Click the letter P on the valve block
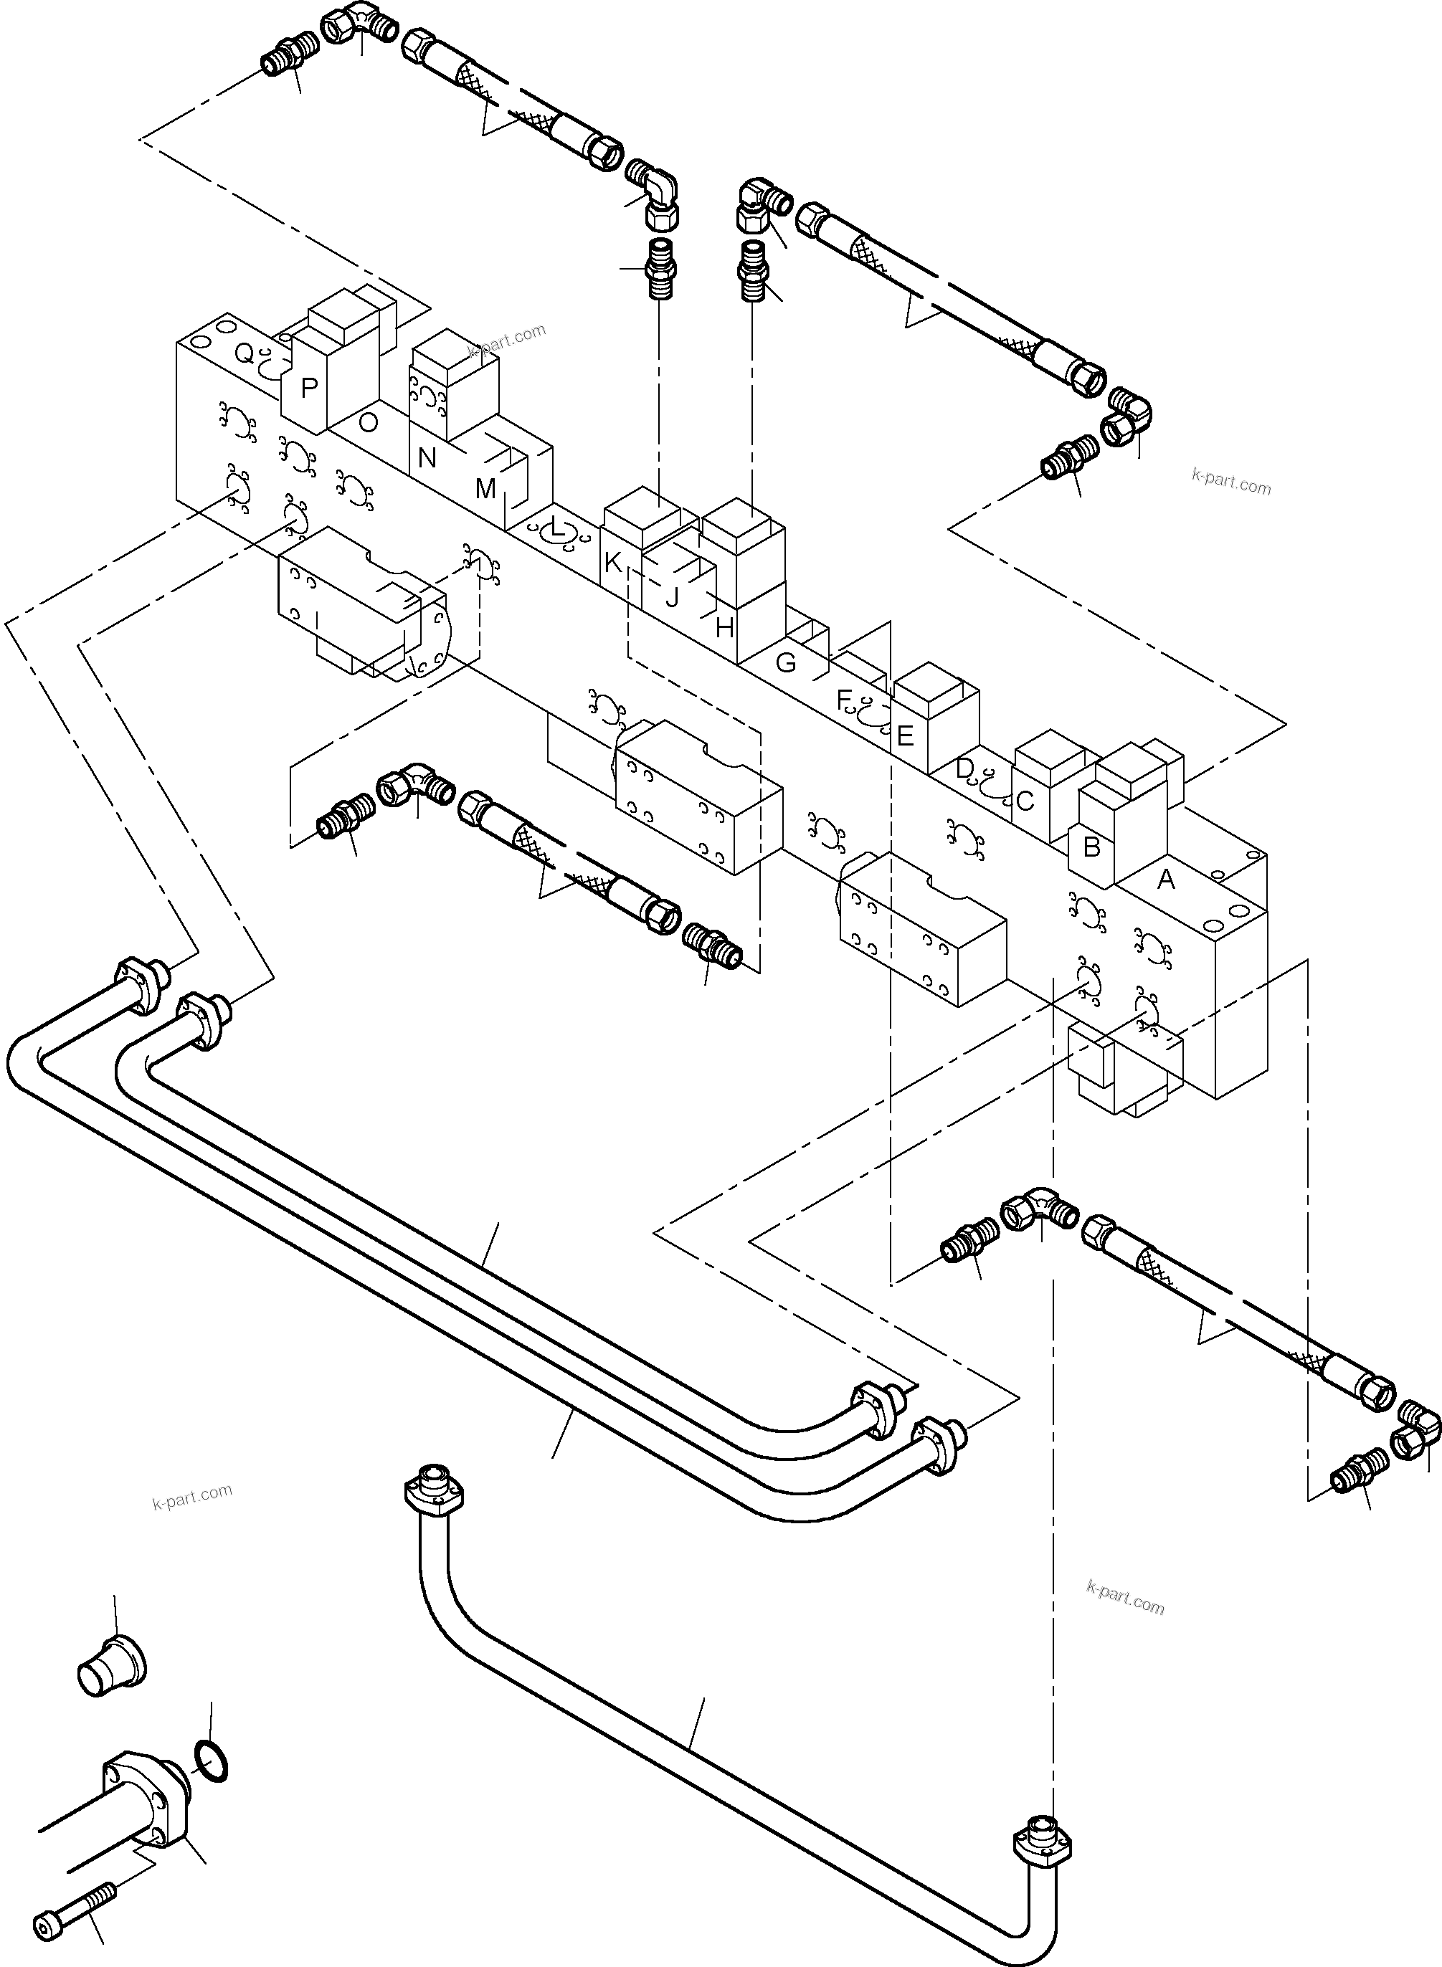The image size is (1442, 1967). pos(308,389)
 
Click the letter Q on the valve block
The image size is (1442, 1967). pos(245,353)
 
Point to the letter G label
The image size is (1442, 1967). pos(786,663)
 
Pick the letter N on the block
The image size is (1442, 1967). pos(427,457)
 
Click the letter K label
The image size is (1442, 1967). pos(613,563)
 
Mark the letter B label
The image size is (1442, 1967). pos(1091,847)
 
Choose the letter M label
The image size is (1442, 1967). pos(485,489)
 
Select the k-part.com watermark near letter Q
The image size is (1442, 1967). pos(506,340)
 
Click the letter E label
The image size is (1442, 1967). pos(904,735)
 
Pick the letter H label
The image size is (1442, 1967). pos(724,627)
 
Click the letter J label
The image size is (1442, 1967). pos(671,599)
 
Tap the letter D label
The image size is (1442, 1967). pos(964,769)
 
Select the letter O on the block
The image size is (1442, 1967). pos(369,423)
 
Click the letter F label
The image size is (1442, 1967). pos(843,699)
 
